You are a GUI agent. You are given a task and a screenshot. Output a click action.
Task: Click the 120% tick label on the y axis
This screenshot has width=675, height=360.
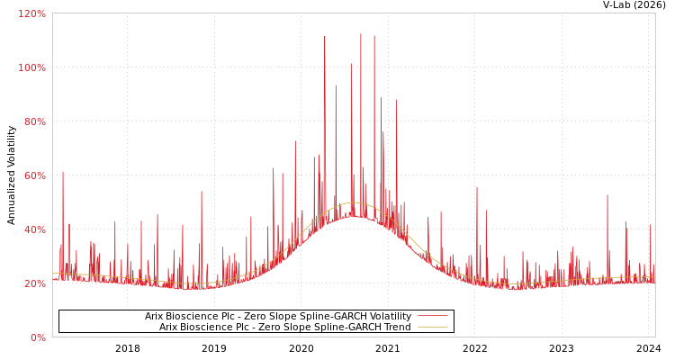pos(32,13)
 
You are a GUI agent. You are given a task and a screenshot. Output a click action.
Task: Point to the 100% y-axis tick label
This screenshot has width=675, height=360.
pos(32,67)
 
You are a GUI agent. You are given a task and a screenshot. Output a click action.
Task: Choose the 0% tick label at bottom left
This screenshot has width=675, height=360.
pos(38,337)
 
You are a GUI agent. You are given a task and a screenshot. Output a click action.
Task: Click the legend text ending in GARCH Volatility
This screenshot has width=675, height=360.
pos(277,317)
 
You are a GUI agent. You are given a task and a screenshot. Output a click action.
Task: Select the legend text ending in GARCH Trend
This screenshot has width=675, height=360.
pos(284,328)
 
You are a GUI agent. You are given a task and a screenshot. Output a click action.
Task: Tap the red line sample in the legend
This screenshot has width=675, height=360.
pos(432,317)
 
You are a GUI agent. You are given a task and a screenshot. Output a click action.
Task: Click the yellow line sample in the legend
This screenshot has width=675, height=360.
pos(432,328)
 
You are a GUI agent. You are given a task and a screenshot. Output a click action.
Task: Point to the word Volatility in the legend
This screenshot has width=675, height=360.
pos(388,317)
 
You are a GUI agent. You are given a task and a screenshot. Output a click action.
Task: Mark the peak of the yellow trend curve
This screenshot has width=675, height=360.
pos(353,203)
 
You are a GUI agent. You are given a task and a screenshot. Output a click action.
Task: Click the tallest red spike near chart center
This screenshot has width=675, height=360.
pos(361,36)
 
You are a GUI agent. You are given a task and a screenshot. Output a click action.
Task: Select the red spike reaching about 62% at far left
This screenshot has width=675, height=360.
pos(63,174)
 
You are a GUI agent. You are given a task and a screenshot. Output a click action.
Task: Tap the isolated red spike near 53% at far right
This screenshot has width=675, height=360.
pos(607,196)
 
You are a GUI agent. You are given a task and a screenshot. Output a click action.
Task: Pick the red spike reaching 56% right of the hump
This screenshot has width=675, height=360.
pos(477,189)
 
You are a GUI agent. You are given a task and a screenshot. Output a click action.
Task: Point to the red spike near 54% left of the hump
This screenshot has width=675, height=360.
pos(202,193)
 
